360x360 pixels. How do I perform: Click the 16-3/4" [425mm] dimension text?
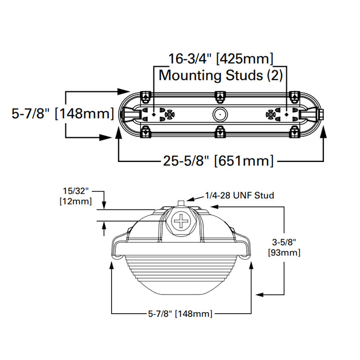tap(221, 58)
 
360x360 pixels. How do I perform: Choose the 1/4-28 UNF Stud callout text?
tap(240, 195)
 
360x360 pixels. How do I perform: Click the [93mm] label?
tap(284, 253)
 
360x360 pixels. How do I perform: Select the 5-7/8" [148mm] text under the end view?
tap(179, 313)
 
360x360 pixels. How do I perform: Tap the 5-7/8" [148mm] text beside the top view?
tap(63, 113)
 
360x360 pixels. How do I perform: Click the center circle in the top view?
tap(220, 114)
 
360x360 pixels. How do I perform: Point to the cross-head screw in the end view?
tap(181, 222)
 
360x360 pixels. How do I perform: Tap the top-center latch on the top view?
tap(220, 96)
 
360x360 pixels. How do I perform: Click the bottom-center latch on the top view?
tap(220, 132)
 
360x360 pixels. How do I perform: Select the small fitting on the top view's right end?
tap(320, 114)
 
